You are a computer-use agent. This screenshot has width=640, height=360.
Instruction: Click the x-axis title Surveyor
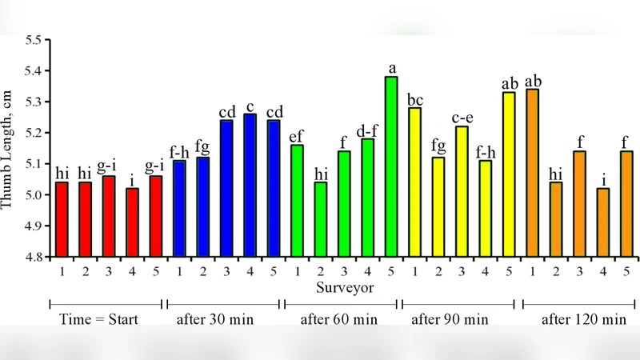tap(342, 286)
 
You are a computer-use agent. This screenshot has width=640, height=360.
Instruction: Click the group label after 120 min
tap(583, 320)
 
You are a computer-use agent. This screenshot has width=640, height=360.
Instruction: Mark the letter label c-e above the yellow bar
tap(462, 118)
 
